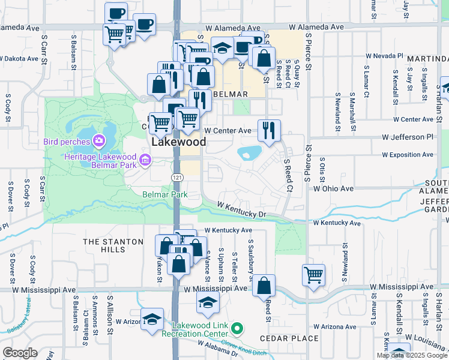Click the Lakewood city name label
(x=179, y=142)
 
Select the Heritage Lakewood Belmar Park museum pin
(x=145, y=160)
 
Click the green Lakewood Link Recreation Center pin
(x=238, y=329)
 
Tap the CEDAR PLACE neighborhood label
(x=289, y=338)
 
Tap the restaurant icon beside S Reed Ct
(x=268, y=129)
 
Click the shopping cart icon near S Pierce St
(x=313, y=275)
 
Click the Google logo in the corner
(x=20, y=353)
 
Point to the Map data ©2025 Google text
(x=412, y=355)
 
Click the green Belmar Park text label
(x=165, y=194)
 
